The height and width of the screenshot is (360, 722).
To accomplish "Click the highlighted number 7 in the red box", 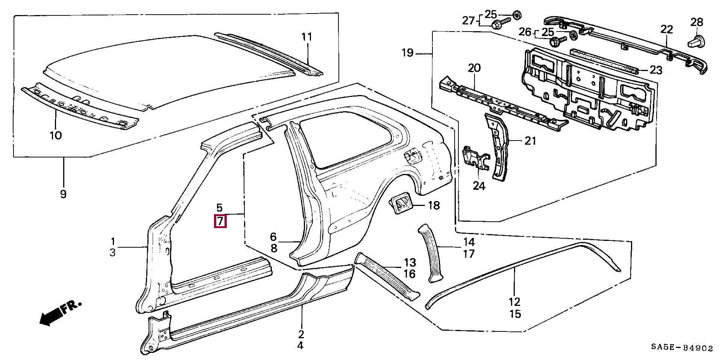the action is click(x=220, y=221).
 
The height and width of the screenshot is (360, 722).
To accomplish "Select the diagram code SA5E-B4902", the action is click(x=682, y=348).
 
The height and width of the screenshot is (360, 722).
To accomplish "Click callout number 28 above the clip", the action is click(x=696, y=22).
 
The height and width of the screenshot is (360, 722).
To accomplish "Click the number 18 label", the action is click(x=434, y=205).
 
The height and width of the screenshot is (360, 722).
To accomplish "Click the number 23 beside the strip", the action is click(x=656, y=70).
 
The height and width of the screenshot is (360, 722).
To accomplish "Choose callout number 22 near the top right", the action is click(x=666, y=29).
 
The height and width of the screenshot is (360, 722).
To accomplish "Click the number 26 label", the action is click(x=525, y=32).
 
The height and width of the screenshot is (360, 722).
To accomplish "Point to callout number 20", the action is click(x=474, y=68).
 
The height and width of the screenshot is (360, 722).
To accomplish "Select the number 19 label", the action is click(x=408, y=53).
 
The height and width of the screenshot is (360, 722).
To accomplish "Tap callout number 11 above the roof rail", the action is click(x=307, y=37).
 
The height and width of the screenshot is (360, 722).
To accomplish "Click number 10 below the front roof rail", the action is click(x=56, y=135).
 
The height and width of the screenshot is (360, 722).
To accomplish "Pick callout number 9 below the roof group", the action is click(x=63, y=194).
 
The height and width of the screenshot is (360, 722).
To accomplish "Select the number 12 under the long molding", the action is click(x=514, y=301).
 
